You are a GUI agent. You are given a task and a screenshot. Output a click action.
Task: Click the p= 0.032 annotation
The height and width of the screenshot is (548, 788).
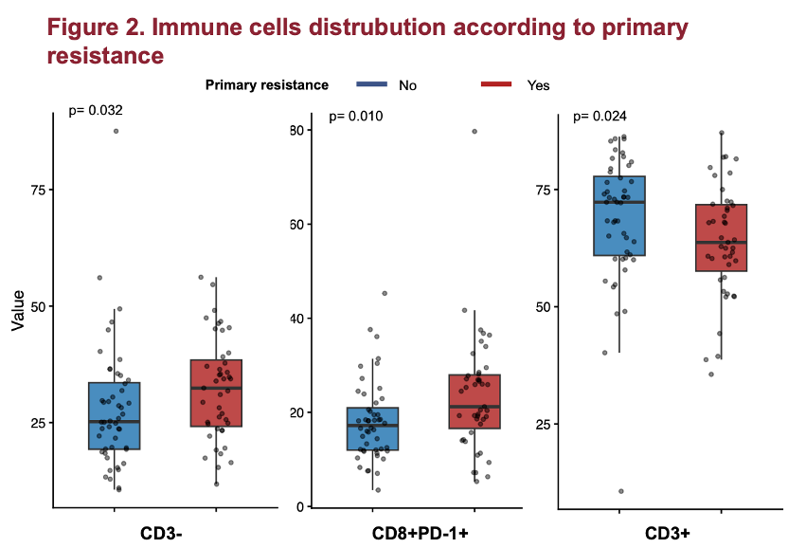[96, 111]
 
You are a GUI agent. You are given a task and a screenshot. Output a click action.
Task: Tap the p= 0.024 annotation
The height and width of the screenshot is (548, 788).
[600, 118]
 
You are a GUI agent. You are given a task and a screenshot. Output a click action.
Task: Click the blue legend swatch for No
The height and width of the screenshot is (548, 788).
[372, 84]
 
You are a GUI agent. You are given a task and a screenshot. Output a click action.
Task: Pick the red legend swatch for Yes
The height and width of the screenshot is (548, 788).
[496, 84]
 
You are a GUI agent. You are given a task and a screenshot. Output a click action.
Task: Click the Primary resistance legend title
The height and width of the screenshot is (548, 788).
[267, 84]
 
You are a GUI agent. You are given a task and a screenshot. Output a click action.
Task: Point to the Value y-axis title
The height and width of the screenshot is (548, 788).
[18, 310]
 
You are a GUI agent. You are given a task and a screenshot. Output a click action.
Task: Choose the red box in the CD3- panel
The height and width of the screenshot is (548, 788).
[216, 393]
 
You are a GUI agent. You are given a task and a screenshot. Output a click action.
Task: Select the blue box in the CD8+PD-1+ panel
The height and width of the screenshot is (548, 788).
[372, 429]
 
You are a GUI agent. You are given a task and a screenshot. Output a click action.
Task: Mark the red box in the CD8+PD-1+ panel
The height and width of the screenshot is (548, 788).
[475, 402]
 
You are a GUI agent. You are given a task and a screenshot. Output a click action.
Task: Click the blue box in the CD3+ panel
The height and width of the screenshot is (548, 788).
[619, 216]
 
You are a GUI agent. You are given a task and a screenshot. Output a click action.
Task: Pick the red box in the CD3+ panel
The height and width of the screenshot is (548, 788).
[722, 238]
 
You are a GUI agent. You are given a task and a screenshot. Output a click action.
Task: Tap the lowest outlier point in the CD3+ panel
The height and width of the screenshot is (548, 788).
[621, 491]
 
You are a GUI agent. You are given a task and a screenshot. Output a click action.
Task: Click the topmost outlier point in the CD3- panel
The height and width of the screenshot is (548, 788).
[116, 131]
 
